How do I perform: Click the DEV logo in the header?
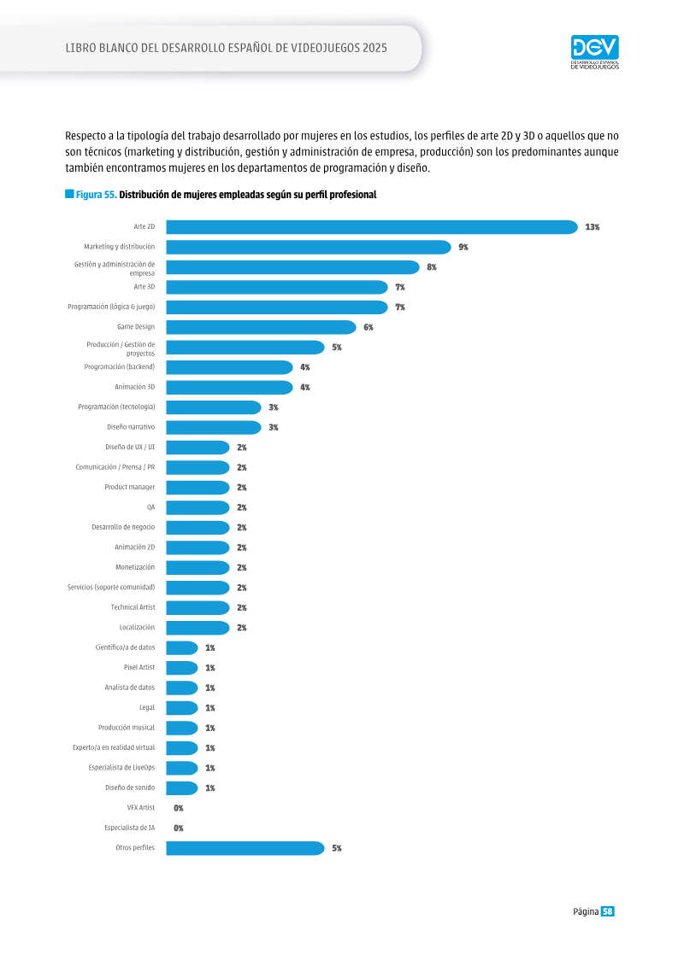click(594, 52)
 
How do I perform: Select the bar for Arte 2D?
click(372, 226)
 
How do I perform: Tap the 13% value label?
click(593, 227)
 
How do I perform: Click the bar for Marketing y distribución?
click(309, 247)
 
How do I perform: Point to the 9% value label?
click(463, 247)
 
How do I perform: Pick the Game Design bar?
click(261, 327)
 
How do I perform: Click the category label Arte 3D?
click(144, 286)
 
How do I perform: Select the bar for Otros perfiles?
click(245, 848)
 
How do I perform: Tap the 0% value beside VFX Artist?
click(178, 808)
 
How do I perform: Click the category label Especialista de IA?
click(129, 828)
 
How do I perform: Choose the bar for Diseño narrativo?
click(214, 428)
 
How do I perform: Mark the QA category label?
click(150, 507)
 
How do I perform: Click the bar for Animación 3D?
click(229, 388)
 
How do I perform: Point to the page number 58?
click(608, 911)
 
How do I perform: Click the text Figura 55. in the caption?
click(97, 195)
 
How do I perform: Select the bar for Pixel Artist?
click(182, 668)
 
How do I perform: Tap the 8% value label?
click(432, 267)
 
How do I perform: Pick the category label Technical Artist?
click(133, 607)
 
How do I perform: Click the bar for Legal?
click(182, 708)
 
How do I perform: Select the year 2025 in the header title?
click(375, 48)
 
